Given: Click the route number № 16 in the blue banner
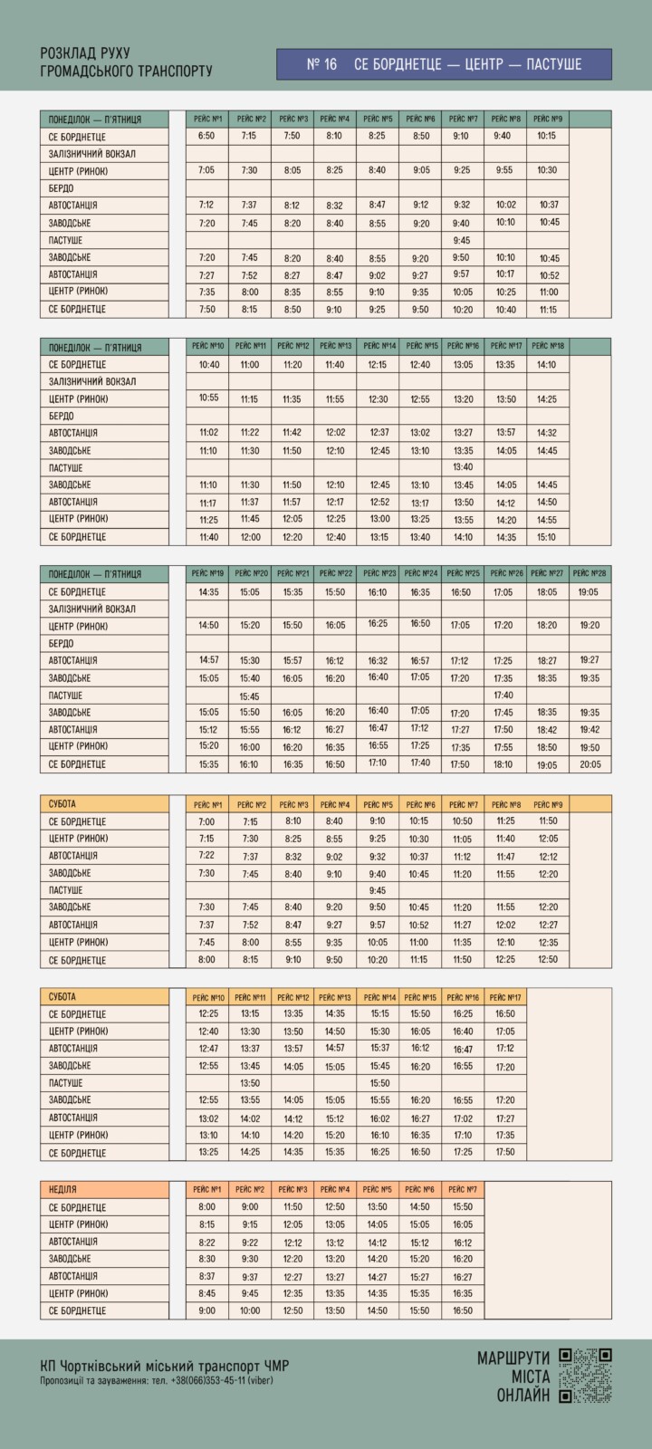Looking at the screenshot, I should (x=321, y=64).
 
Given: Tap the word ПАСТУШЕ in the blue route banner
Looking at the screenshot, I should (x=549, y=64).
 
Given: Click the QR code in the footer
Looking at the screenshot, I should (x=585, y=1375).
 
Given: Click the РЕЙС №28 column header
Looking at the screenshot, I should (x=590, y=573).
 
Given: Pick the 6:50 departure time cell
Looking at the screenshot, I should (x=206, y=136).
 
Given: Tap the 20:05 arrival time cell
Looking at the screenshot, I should (x=590, y=764).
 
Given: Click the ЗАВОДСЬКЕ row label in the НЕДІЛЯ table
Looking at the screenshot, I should (x=70, y=1259).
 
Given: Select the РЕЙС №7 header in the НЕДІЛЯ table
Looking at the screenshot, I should (x=463, y=1189).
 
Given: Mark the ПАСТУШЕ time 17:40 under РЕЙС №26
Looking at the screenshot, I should (x=503, y=696).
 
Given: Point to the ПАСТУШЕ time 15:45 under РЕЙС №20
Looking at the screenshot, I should (x=249, y=696).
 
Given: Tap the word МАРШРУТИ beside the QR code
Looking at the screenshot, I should (x=513, y=1358).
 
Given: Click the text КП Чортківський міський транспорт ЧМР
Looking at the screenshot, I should (x=165, y=1366).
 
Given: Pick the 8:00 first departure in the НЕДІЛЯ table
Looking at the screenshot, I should (x=206, y=1207).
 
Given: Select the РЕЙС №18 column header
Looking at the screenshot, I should (x=546, y=345).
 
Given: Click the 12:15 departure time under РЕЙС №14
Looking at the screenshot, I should (x=379, y=365).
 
